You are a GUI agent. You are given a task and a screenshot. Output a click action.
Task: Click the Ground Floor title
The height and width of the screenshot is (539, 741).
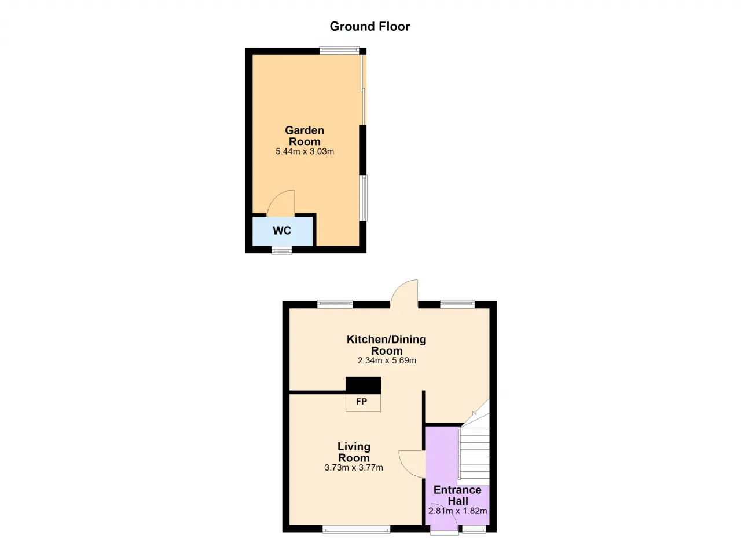click(x=369, y=27)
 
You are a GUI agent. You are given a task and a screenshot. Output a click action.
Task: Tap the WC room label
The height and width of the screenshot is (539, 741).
click(x=282, y=231)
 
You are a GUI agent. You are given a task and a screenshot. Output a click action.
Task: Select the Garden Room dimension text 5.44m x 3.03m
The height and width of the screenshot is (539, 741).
click(x=305, y=152)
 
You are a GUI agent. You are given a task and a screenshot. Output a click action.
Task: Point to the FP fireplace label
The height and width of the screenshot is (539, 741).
click(x=362, y=402)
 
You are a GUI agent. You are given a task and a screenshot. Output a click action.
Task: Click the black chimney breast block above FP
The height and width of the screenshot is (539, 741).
click(x=363, y=385)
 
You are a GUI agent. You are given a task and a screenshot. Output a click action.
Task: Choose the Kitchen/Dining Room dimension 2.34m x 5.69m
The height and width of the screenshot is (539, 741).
click(x=387, y=360)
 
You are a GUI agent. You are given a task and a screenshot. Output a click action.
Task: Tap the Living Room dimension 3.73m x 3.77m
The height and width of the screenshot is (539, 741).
click(x=354, y=468)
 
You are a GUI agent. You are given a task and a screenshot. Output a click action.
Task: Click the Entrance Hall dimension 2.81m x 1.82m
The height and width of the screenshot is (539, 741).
click(x=457, y=511)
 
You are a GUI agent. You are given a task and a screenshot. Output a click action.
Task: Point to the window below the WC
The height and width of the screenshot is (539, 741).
click(x=281, y=250)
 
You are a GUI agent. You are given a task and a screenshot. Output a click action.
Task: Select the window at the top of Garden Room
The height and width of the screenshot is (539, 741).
click(x=339, y=50)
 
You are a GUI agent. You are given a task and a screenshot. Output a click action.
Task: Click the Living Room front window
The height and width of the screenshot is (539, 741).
click(x=357, y=530)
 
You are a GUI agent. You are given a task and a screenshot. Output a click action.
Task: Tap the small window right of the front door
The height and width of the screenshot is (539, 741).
click(x=474, y=530)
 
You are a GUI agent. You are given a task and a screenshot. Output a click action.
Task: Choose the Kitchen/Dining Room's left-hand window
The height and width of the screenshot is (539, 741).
click(x=335, y=304)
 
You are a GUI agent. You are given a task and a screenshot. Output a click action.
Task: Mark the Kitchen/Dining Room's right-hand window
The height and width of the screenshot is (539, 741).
click(x=457, y=304)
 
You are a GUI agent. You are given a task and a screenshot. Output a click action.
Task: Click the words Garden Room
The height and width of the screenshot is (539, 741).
click(x=305, y=136)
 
